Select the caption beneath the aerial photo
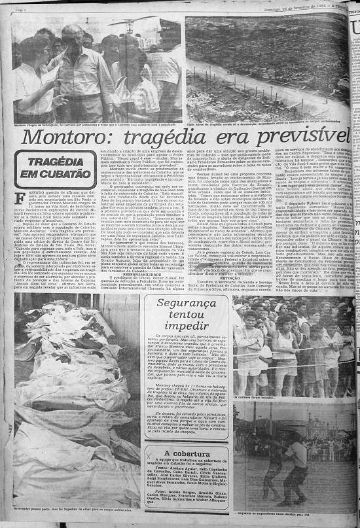click(x=268, y=122)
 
